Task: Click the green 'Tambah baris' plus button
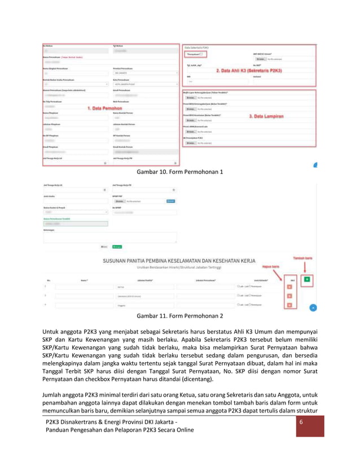306,279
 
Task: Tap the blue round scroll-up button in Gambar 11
313,307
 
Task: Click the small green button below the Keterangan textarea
117,247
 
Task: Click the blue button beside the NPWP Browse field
170,201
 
